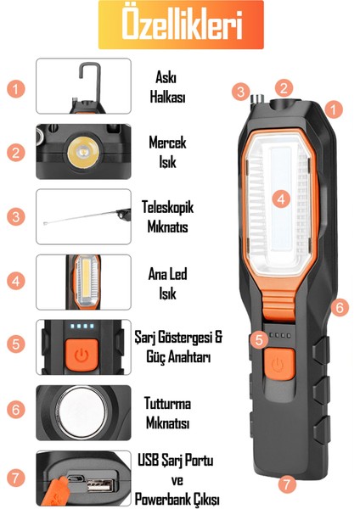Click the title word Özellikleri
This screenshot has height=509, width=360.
(x=181, y=26)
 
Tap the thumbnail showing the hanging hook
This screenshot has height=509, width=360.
(x=83, y=86)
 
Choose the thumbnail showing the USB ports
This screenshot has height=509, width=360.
(x=83, y=478)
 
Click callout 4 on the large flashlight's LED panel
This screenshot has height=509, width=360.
(x=284, y=199)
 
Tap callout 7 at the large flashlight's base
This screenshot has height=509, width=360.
(x=287, y=484)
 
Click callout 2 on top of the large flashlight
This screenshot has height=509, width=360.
(x=284, y=87)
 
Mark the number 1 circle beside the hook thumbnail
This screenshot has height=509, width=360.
(x=15, y=87)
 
